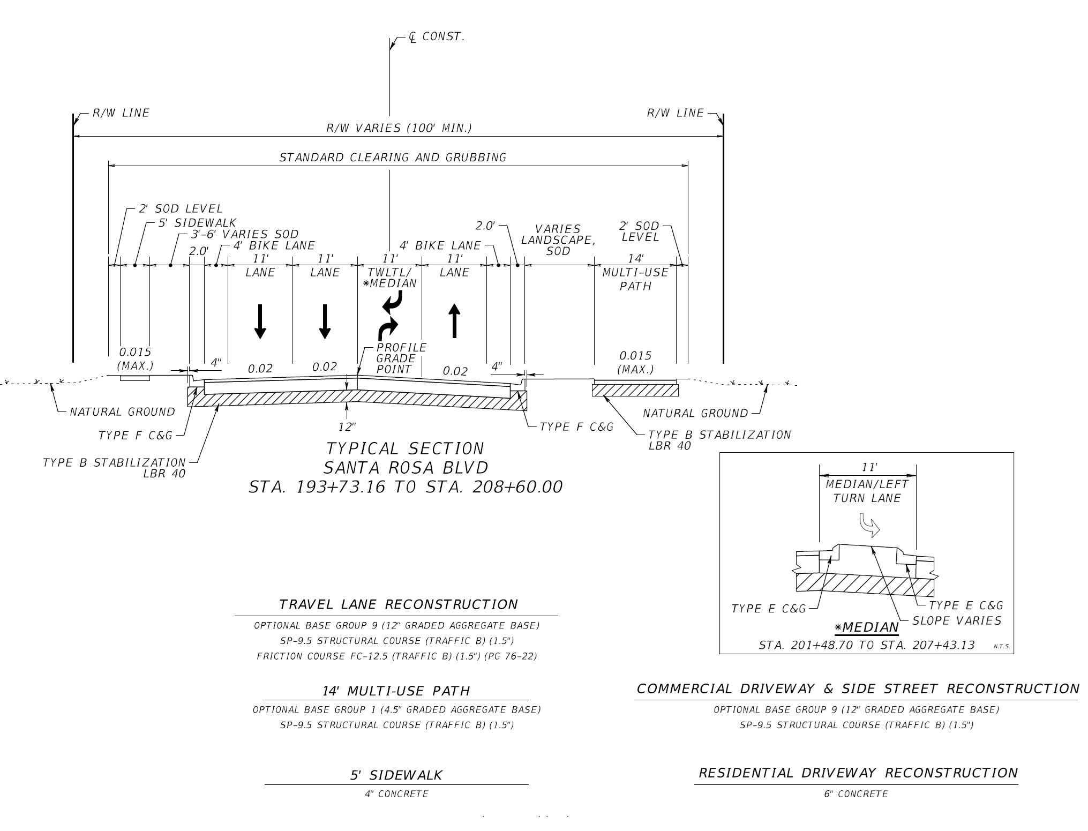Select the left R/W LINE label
pyautogui.click(x=121, y=113)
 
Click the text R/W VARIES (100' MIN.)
pyautogui.click(x=399, y=129)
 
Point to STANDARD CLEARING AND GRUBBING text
pyautogui.click(x=393, y=158)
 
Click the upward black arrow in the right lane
pyautogui.click(x=454, y=320)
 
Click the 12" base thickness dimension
pyautogui.click(x=347, y=426)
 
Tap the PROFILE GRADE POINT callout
pyautogui.click(x=401, y=358)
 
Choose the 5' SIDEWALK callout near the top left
pyautogui.click(x=197, y=222)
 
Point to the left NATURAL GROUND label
pyautogui.click(x=122, y=412)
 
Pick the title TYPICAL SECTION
pyautogui.click(x=405, y=448)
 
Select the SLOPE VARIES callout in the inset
pyautogui.click(x=957, y=621)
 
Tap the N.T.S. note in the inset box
pyautogui.click(x=1002, y=646)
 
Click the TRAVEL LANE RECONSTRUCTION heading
pyautogui.click(x=398, y=605)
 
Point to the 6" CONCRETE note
pyautogui.click(x=856, y=794)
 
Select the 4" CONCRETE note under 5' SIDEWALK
pyautogui.click(x=396, y=794)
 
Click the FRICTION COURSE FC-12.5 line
pyautogui.click(x=396, y=656)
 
